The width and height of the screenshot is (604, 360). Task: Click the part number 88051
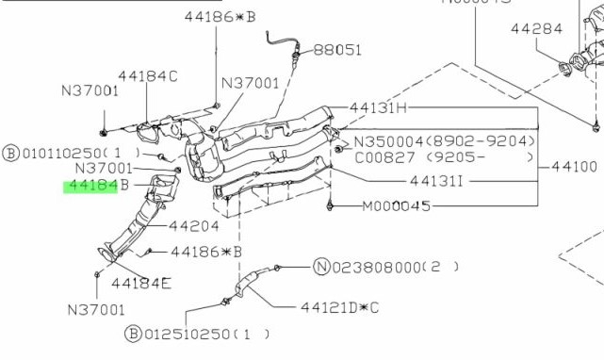(x=337, y=50)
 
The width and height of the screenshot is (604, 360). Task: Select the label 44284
(x=536, y=28)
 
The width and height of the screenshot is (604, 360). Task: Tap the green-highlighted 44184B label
(x=96, y=186)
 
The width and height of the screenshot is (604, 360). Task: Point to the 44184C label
(x=148, y=76)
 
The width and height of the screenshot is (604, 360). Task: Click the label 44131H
(x=378, y=107)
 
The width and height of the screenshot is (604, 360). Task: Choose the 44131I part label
(x=436, y=181)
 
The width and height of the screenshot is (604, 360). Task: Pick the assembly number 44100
(x=575, y=167)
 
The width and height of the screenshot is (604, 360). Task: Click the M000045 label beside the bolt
(x=397, y=206)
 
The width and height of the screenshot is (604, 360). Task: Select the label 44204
(x=194, y=226)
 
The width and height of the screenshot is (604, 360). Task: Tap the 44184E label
(x=141, y=284)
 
